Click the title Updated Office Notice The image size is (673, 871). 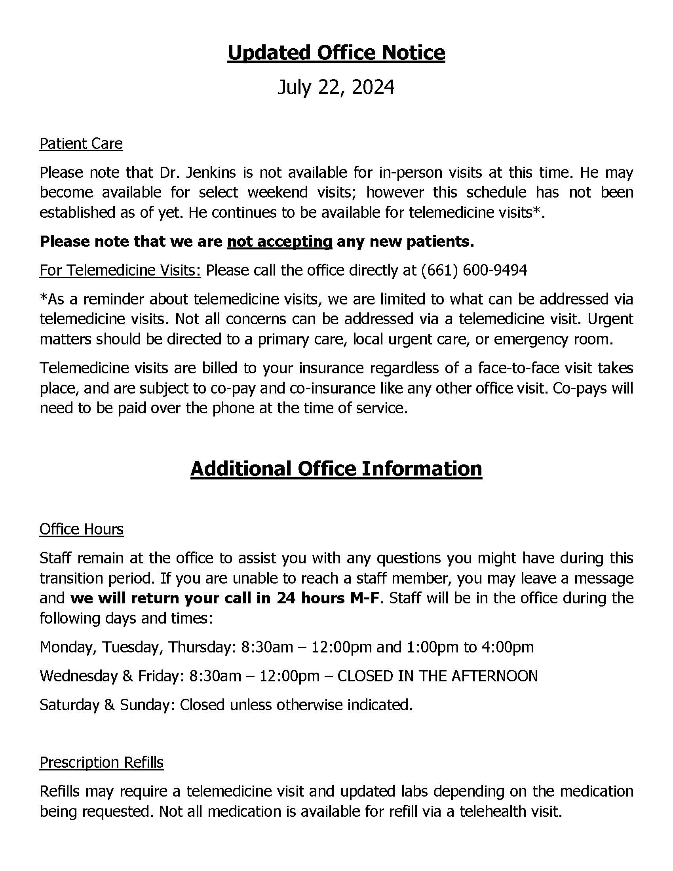pyautogui.click(x=336, y=53)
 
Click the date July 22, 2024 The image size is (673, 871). pyautogui.click(x=336, y=87)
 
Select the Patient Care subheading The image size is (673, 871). pyautogui.click(x=81, y=144)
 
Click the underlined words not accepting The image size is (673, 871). pyautogui.click(x=279, y=241)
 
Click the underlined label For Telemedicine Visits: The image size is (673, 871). pyautogui.click(x=120, y=270)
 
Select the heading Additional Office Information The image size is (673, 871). pyautogui.click(x=336, y=469)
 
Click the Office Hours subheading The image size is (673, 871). pyautogui.click(x=81, y=529)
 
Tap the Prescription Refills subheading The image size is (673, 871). pyautogui.click(x=101, y=762)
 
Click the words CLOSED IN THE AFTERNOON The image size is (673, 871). pyautogui.click(x=437, y=676)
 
